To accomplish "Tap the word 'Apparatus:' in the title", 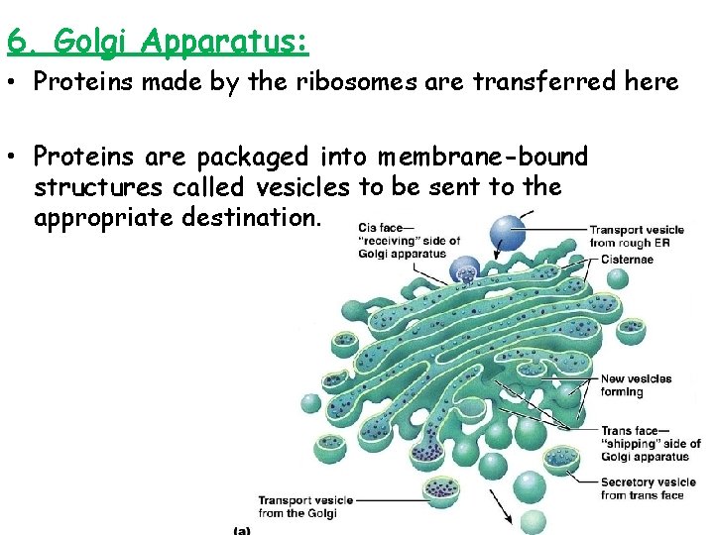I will [x=225, y=42].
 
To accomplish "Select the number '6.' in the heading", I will [x=22, y=42].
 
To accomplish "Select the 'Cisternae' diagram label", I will [x=627, y=260].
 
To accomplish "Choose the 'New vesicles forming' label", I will [x=636, y=384].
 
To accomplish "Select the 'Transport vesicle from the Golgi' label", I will [x=297, y=506].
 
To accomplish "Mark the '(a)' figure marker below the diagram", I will [x=242, y=530].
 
